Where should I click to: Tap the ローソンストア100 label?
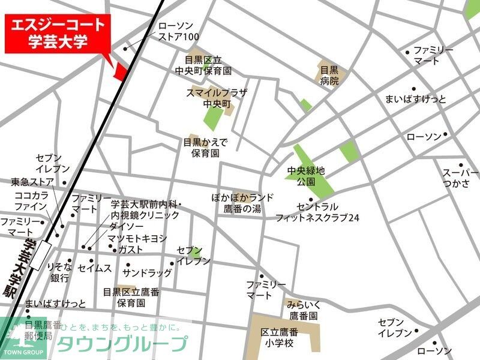pos(178,32)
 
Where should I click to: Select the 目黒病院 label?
pos(329,74)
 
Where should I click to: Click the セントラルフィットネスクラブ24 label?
pos(317,212)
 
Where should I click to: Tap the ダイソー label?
pos(126,226)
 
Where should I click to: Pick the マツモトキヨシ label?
pos(137,238)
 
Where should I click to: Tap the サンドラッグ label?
pos(147,272)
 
